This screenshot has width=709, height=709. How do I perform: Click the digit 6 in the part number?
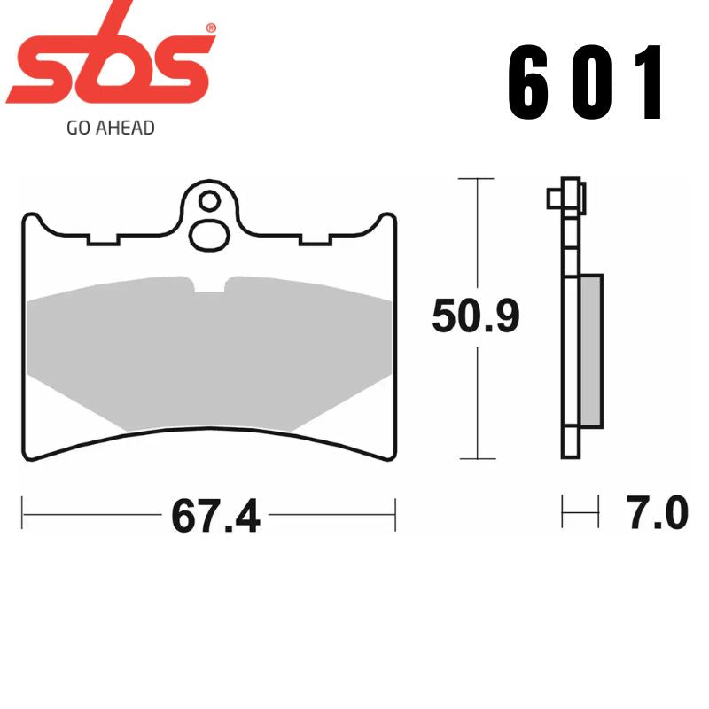(528, 82)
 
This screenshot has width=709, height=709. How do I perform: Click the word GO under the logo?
(77, 129)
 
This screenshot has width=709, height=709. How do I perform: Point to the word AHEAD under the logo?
(123, 129)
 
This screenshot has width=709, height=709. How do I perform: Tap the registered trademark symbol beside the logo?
(210, 29)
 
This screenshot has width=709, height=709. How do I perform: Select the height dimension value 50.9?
(475, 316)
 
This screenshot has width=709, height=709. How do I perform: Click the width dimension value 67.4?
(215, 516)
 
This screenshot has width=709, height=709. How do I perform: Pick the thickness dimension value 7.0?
(657, 514)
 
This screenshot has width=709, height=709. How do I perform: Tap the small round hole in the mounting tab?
(209, 200)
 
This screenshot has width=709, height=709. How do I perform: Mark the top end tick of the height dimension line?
(478, 179)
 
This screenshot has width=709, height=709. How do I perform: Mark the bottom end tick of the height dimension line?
(478, 459)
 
